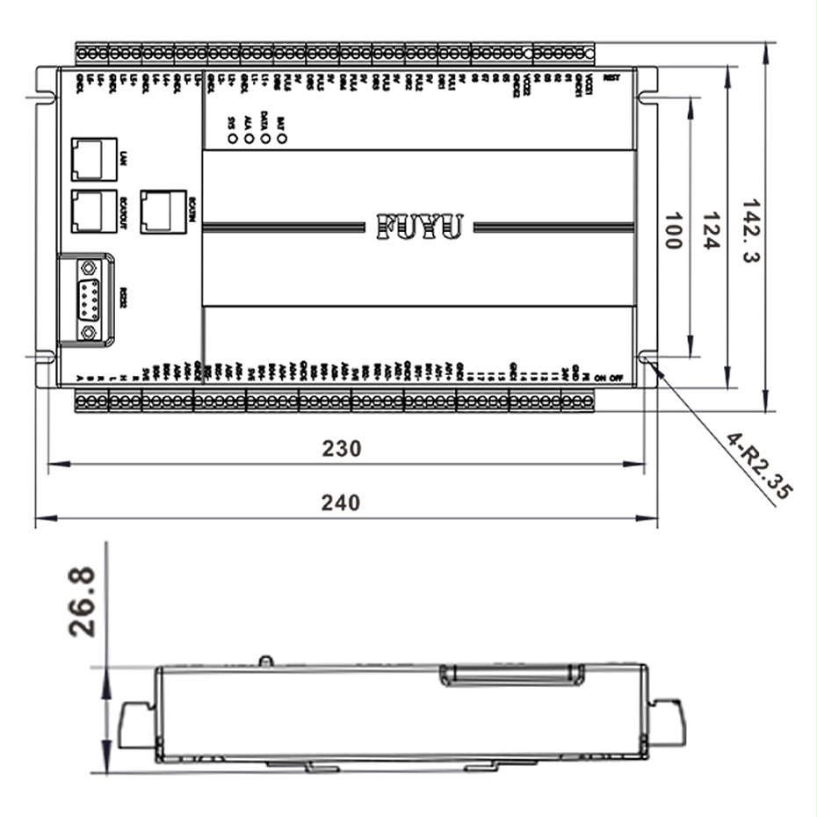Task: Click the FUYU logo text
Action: click(x=419, y=226)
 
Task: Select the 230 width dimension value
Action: click(x=341, y=448)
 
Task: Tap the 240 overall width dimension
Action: click(x=341, y=502)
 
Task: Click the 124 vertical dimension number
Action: click(x=711, y=230)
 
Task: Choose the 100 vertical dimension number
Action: click(x=672, y=230)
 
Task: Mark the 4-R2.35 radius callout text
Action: click(x=757, y=466)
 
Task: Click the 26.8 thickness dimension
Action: click(x=83, y=601)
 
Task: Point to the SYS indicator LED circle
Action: click(x=232, y=138)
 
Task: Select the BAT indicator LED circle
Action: click(x=281, y=138)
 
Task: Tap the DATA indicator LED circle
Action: click(x=264, y=138)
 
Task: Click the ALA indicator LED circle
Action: click(x=249, y=138)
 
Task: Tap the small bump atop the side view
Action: click(x=263, y=660)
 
